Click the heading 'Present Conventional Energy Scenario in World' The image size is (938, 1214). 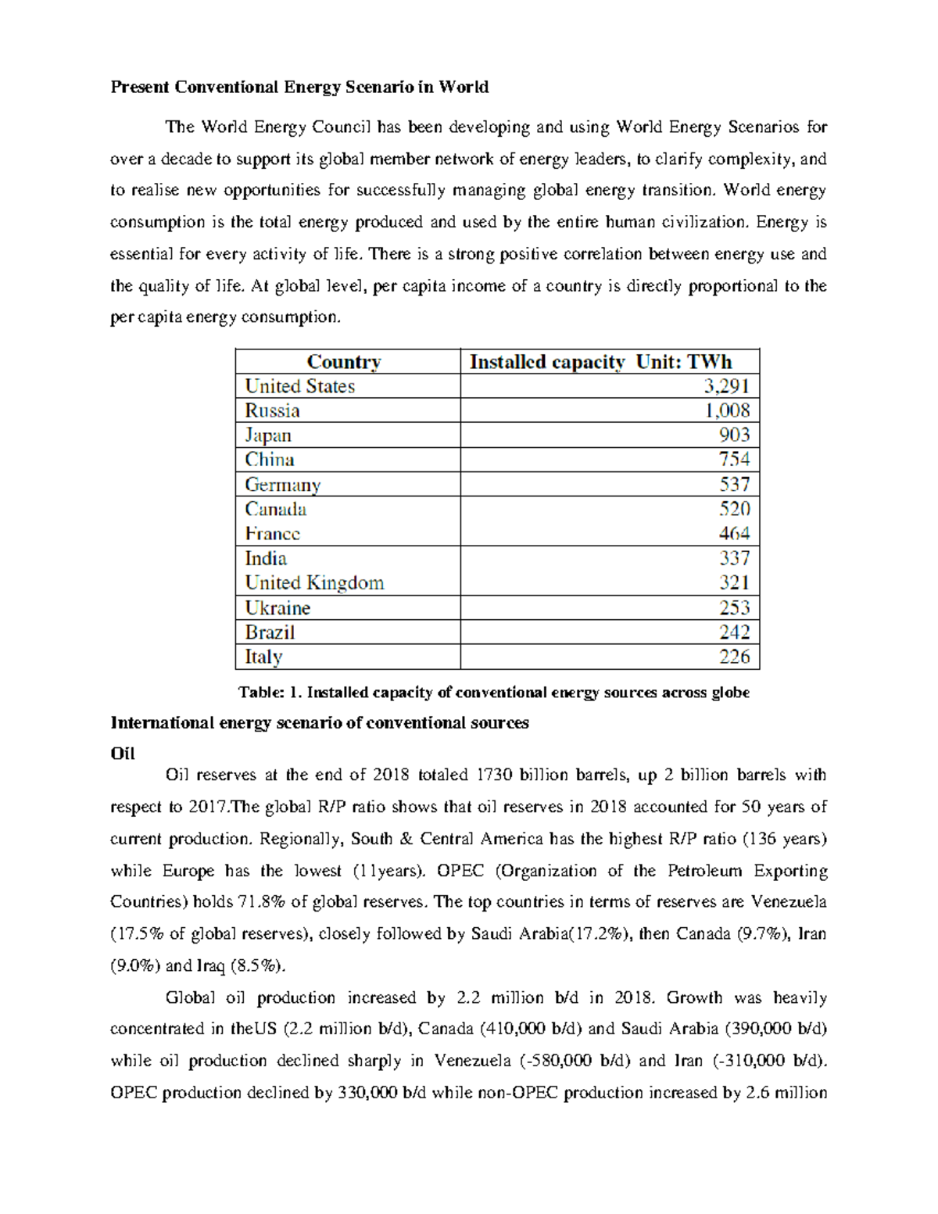coord(299,87)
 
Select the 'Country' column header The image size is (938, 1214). coord(344,362)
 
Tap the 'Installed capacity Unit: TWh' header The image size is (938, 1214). coord(600,362)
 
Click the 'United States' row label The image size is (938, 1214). coord(299,386)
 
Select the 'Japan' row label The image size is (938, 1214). coord(268,435)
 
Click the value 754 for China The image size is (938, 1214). coord(734,460)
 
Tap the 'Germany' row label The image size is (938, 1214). coord(283,485)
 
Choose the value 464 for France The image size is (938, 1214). coord(734,534)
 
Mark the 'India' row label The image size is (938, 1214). coord(266,558)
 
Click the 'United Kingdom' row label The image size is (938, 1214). coord(314,583)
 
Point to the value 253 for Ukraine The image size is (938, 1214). coord(734,608)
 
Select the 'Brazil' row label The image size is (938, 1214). coord(270,632)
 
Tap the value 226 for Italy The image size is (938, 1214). coord(734,657)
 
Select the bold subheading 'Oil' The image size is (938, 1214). coord(123,754)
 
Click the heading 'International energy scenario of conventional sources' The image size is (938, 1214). coord(320,723)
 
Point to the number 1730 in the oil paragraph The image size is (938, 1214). coord(492,775)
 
